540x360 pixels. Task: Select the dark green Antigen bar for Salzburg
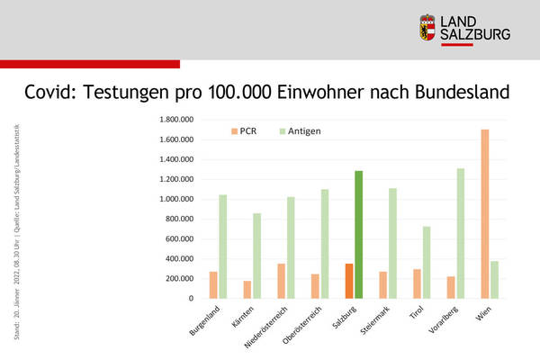tap(359, 234)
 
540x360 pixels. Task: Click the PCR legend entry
tap(244, 131)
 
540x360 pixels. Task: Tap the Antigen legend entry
tap(298, 131)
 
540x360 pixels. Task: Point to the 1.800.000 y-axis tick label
tap(176, 119)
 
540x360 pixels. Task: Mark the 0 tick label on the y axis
tap(191, 298)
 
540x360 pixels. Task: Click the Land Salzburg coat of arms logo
tap(428, 28)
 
